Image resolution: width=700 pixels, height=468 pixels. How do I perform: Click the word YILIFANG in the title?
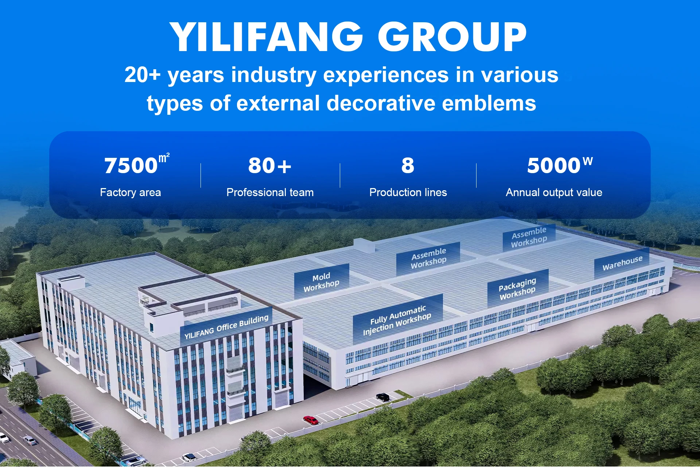266,36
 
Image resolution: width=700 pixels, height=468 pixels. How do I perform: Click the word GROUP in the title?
452,36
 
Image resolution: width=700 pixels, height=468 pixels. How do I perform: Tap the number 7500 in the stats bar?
131,166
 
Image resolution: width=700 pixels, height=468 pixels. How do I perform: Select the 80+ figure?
270,166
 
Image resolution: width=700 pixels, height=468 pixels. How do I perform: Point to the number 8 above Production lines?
408,166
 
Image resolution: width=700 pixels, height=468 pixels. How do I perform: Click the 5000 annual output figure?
554,166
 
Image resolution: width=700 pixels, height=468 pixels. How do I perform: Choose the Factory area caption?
131,192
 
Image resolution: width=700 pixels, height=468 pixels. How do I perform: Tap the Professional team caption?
270,192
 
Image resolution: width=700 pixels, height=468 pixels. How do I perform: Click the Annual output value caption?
554,192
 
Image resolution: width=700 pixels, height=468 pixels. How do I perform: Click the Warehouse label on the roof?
622,263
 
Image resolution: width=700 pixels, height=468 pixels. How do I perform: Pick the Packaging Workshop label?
517,289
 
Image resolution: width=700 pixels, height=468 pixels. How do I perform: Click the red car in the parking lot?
311,420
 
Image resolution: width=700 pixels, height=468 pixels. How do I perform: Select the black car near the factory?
382,397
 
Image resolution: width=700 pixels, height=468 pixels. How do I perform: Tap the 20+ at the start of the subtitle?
143,75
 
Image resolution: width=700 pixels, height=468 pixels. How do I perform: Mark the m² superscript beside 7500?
164,158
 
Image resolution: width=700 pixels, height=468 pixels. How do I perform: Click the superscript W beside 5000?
588,161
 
